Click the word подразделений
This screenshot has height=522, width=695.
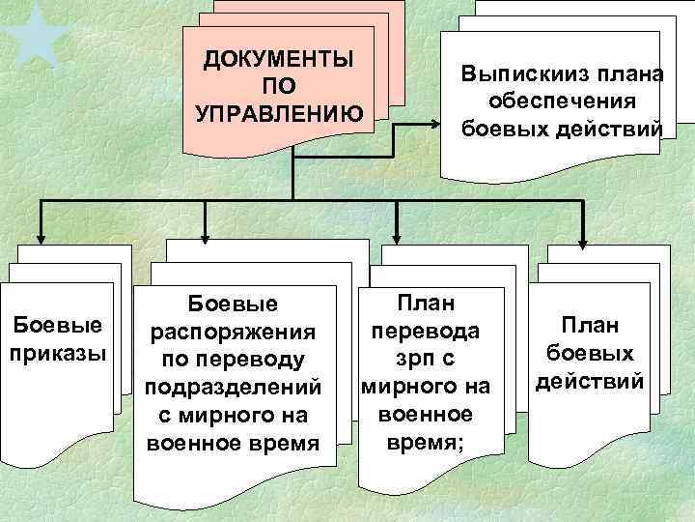pyautogui.click(x=232, y=388)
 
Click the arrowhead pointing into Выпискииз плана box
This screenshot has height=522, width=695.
pyautogui.click(x=435, y=124)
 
